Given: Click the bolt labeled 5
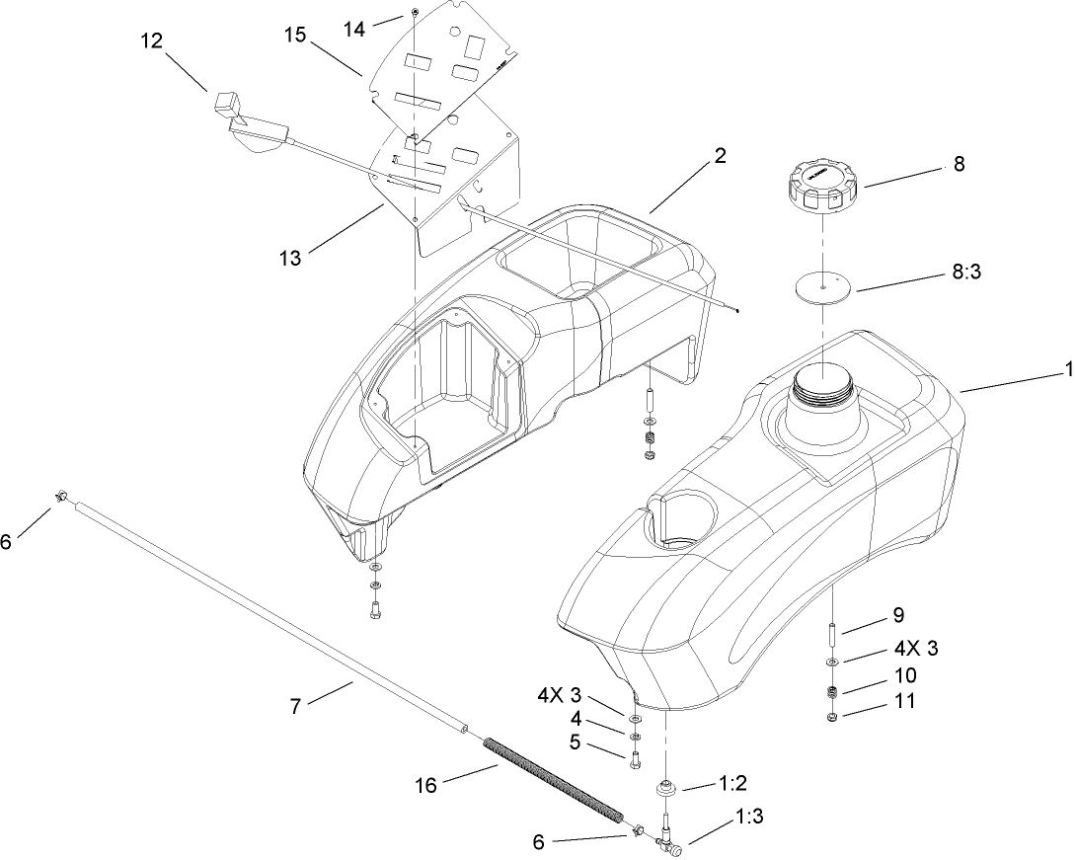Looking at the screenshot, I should click(x=634, y=759).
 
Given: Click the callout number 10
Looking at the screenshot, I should click(x=903, y=676).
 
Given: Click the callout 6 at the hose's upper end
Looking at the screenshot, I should click(x=7, y=542).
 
